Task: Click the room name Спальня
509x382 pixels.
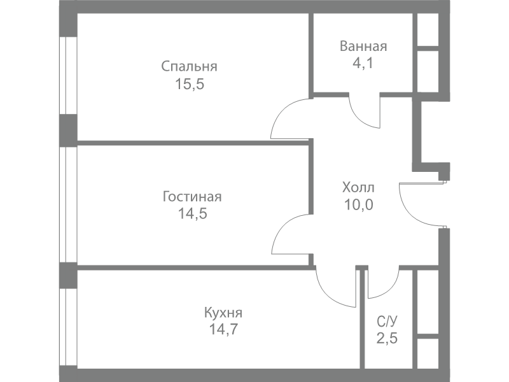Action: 190,66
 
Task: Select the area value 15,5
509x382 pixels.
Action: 190,83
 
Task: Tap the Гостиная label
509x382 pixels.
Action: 192,196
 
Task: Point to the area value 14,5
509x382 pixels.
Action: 192,213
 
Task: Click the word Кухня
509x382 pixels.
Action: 223,313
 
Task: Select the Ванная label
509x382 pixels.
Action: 363,46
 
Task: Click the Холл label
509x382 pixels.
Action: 358,188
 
